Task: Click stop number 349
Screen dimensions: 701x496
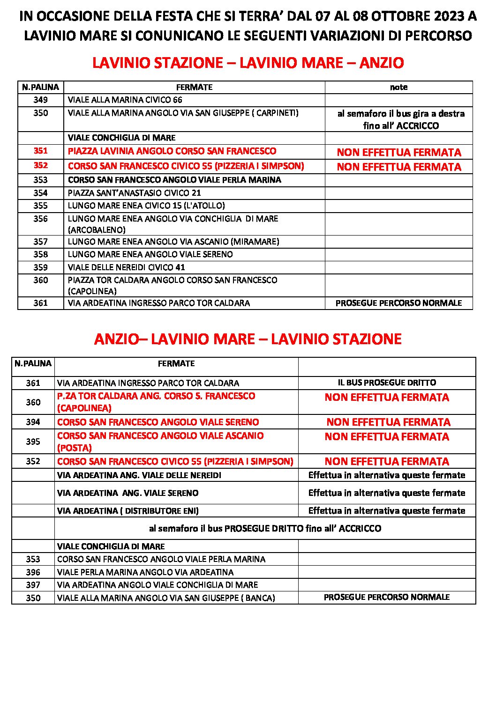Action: pos(40,100)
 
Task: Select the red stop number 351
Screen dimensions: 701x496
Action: pos(40,151)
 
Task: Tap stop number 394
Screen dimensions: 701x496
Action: pos(33,422)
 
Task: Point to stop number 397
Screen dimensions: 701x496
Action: pos(33,585)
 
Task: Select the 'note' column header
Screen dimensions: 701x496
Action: pos(398,87)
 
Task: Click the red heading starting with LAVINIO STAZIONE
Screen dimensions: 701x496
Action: pos(248,63)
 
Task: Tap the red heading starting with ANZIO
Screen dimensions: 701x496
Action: pos(248,339)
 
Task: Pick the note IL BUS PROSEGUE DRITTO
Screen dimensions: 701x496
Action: pos(387,383)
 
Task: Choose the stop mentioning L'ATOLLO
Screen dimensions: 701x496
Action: pos(146,206)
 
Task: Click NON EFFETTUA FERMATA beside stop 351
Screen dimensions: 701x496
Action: pos(399,152)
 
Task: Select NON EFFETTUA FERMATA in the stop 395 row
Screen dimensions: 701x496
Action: pos(387,437)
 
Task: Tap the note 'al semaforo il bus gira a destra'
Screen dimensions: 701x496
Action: pos(401,114)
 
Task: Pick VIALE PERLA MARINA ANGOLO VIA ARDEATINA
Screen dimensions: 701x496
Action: pos(145,572)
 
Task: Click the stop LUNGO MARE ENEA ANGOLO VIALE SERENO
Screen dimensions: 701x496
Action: pos(150,254)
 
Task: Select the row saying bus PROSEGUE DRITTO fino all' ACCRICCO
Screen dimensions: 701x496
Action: pos(265,529)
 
